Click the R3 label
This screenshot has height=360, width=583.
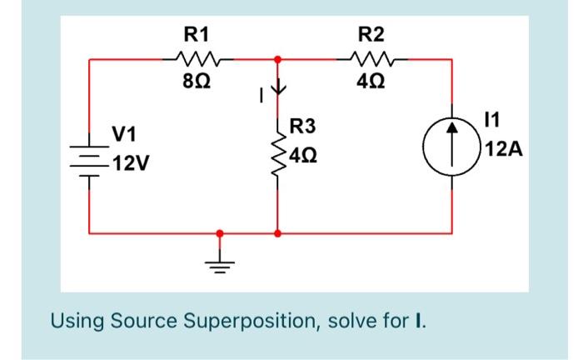coord(304,127)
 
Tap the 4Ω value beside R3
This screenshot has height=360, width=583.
coord(303,156)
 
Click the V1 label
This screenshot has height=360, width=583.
coord(126,135)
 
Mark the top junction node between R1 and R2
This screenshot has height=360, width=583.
coord(277,60)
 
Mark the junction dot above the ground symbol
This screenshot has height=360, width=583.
coord(220,234)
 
